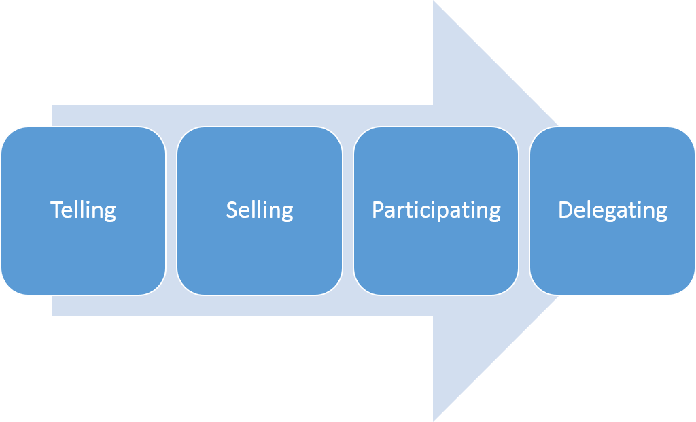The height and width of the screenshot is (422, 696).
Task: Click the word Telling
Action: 83,210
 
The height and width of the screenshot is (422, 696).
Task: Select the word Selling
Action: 260,210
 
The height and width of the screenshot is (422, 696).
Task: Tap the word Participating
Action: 436,210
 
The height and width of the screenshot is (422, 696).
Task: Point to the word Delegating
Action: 612,210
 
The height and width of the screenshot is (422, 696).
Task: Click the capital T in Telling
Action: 56,210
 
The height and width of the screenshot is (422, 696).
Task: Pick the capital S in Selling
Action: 232,210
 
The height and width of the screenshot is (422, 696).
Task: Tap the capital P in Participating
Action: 378,210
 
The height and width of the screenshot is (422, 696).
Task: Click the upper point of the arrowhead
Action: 434,3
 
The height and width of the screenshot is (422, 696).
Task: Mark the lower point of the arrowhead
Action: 434,419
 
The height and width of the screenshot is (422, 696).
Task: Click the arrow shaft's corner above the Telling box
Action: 54,107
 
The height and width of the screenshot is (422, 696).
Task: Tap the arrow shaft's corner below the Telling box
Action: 54,315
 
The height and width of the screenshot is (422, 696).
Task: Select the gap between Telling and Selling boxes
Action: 171,211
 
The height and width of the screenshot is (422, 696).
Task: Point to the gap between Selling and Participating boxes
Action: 348,211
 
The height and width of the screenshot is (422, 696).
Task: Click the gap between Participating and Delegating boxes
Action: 524,211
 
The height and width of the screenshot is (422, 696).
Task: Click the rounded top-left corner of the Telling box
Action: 8,134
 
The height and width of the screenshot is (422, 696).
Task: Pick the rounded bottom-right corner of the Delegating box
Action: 688,288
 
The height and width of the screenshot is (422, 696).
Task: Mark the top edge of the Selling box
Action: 260,127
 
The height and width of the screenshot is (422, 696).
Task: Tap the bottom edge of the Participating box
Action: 436,295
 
